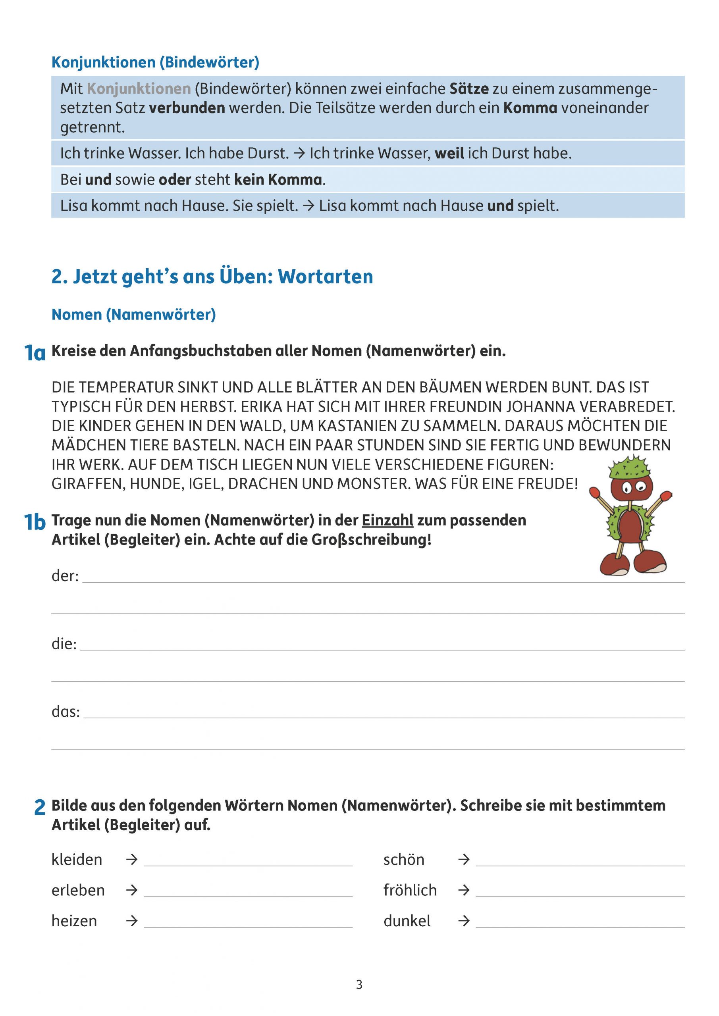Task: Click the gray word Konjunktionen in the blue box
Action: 139,89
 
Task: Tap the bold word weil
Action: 449,154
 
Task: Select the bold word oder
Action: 174,180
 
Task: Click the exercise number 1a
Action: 35,353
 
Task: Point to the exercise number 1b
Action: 35,522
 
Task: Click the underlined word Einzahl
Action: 387,520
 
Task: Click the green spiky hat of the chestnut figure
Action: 630,467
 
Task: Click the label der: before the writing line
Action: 65,576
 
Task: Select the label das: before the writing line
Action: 66,712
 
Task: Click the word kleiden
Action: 77,859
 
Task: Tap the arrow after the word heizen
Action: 131,921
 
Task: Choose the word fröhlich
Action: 410,890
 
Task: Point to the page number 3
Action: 359,985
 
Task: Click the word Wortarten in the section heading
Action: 326,277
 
